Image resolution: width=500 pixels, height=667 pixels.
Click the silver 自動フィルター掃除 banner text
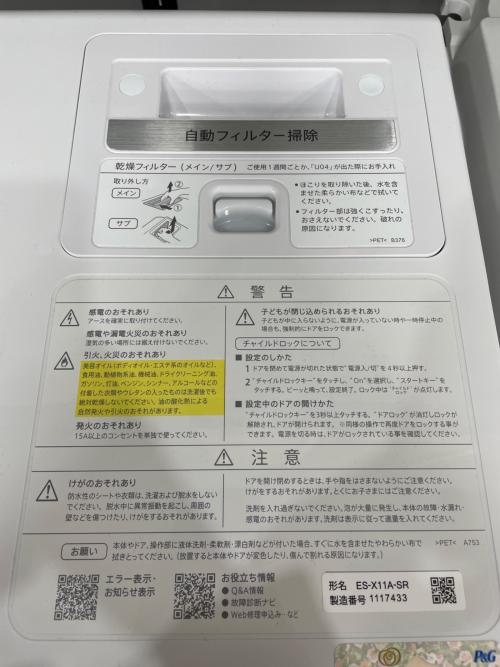pyautogui.click(x=251, y=135)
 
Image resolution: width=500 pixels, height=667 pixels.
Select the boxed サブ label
pyautogui.click(x=123, y=223)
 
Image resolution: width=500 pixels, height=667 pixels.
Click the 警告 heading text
pyautogui.click(x=267, y=291)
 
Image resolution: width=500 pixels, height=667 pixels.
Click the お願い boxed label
pyautogui.click(x=81, y=551)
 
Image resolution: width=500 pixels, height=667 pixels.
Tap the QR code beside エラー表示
pyautogui.click(x=76, y=598)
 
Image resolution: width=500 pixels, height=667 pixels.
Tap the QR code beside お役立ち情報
pyautogui.click(x=194, y=597)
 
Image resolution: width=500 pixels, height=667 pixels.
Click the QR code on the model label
pyautogui.click(x=443, y=591)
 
